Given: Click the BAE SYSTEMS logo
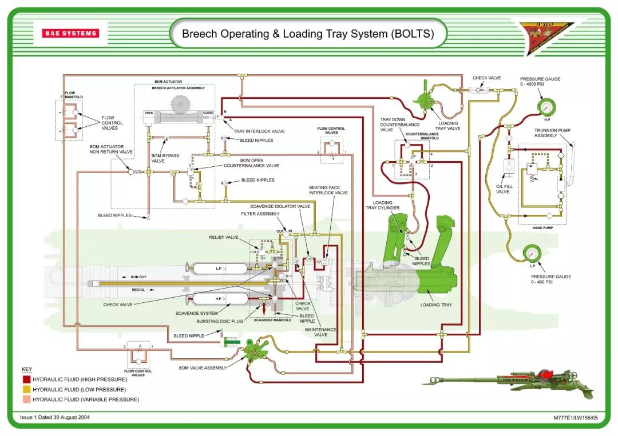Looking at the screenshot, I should click(70, 33).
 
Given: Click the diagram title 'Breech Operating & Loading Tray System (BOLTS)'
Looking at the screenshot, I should click(307, 34).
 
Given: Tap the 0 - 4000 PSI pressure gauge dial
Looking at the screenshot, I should click(546, 106).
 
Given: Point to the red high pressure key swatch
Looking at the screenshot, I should click(26, 379).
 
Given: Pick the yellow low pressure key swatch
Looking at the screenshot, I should click(26, 389).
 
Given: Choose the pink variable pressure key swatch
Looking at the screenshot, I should click(26, 399).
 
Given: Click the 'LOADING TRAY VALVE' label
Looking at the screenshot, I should click(448, 126).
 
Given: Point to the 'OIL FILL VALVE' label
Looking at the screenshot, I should click(504, 189).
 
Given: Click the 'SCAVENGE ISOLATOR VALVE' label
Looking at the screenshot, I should click(280, 206).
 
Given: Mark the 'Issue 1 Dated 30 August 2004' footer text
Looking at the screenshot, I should click(55, 417).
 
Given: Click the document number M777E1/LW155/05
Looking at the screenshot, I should click(575, 418).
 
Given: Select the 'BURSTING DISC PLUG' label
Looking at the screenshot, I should click(220, 321).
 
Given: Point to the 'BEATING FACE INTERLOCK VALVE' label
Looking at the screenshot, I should click(328, 190).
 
